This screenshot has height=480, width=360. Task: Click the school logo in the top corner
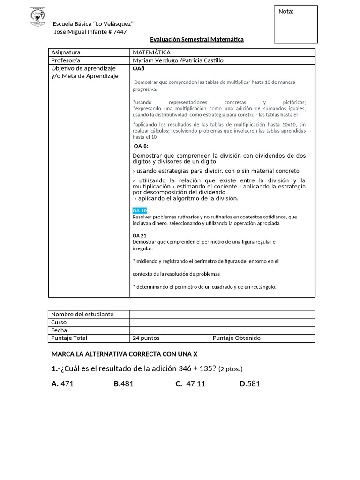coord(37,16)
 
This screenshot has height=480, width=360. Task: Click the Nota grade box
coord(295,24)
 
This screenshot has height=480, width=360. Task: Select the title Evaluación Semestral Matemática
coord(197,40)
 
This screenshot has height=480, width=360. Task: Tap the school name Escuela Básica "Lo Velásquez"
coord(93,24)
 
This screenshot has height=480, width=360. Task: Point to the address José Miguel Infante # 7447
coord(90,31)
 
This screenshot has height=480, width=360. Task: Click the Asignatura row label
coord(66,52)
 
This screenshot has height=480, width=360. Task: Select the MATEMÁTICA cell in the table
coord(151,52)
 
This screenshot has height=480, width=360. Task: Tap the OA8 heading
coord(139,68)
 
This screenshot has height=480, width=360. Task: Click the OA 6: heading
coord(141,146)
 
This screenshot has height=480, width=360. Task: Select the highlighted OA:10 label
coord(140,210)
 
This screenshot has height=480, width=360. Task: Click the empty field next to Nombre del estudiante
coord(222,314)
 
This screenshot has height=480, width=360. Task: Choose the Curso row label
coord(59,322)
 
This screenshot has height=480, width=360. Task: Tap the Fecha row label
coord(59,330)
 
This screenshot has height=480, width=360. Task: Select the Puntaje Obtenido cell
coord(237,338)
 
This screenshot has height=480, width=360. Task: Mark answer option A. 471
coord(63,384)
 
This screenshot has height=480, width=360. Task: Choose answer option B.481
coord(124,384)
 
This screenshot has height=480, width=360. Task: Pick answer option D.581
coord(250,384)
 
